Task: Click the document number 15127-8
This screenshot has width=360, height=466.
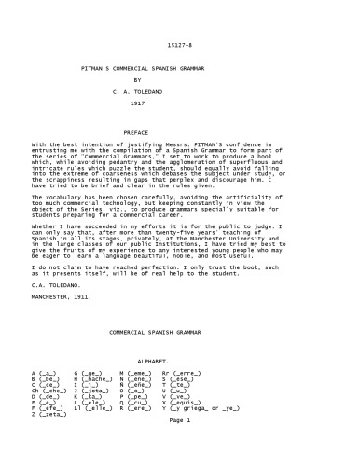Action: (x=180, y=45)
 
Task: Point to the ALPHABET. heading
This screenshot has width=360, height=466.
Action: (x=180, y=358)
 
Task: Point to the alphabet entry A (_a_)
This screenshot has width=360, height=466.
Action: (x=42, y=371)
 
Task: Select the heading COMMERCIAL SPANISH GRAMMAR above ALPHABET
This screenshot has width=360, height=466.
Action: (x=180, y=332)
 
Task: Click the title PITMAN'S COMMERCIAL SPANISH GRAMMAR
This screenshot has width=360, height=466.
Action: (x=180, y=70)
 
